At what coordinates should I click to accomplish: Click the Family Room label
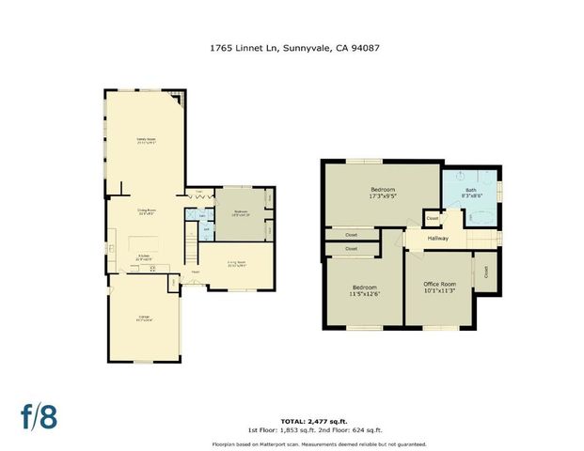click(x=145, y=141)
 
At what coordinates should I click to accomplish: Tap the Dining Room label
click(x=145, y=212)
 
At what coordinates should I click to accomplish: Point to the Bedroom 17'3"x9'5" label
click(x=382, y=194)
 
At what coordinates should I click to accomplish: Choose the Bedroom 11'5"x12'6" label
click(x=365, y=290)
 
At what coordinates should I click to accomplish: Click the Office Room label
click(x=438, y=287)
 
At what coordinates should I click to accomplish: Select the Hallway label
click(x=437, y=239)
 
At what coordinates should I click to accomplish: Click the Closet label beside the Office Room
click(x=486, y=272)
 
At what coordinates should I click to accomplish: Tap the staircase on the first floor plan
click(x=190, y=250)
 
